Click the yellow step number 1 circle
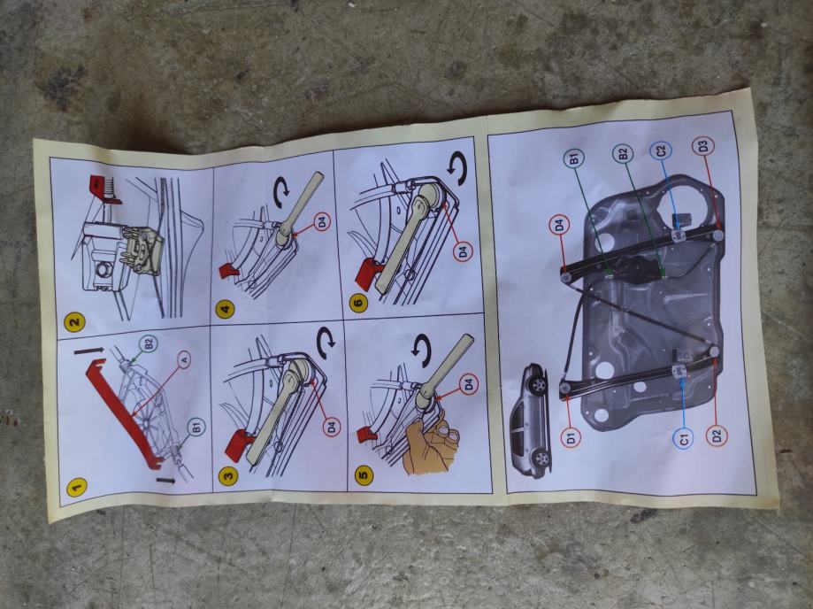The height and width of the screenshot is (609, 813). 76,487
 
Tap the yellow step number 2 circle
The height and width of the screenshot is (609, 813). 74,321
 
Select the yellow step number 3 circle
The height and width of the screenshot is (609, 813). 227,474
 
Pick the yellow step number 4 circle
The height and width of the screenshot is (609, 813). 225,310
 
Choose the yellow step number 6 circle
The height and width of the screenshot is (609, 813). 359,301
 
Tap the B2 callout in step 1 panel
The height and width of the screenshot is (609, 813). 149,344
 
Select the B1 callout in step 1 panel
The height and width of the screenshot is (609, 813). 196,428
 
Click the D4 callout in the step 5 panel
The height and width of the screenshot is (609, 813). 468,384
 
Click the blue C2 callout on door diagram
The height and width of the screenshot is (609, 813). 661,151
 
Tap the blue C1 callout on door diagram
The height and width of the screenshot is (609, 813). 685,439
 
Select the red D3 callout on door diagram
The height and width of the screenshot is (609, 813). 702,147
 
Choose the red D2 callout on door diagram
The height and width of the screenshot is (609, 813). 717,435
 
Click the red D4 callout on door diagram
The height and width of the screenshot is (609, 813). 559,226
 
